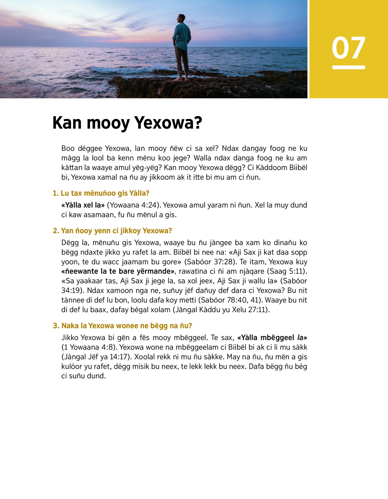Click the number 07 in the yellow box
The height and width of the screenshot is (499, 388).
[348, 48]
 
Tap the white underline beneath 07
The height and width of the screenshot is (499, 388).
[349, 67]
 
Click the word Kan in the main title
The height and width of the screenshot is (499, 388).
[67, 123]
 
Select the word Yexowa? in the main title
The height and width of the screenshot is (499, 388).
[168, 123]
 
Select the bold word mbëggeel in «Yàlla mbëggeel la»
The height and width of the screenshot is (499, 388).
[277, 338]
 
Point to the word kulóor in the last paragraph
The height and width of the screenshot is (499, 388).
[72, 366]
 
